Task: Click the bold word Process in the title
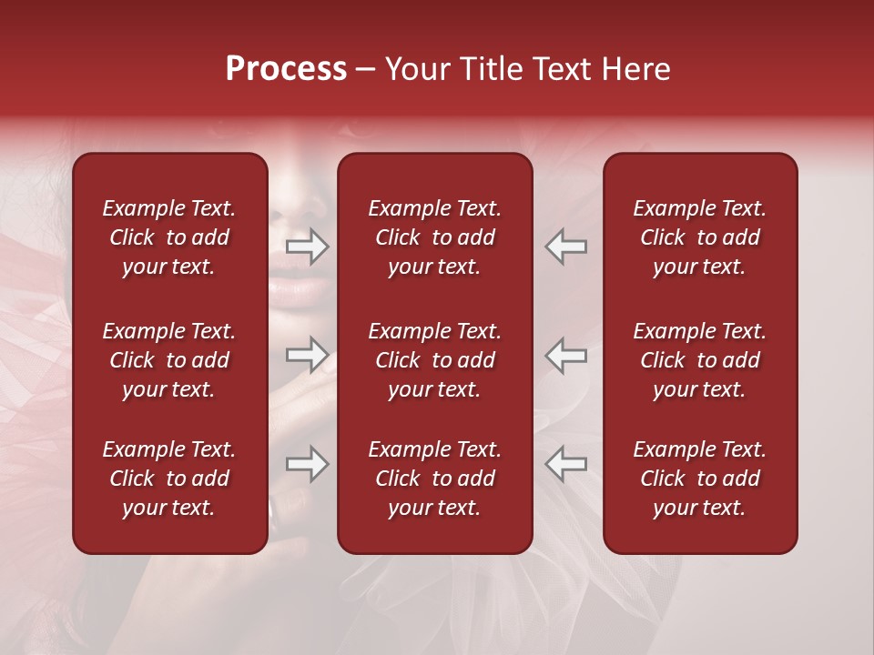(x=286, y=69)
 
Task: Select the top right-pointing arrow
(x=308, y=247)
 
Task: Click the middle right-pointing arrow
(x=308, y=355)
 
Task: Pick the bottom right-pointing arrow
(x=308, y=464)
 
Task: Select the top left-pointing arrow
(x=566, y=247)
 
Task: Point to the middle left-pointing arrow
(x=566, y=355)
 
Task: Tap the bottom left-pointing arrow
(x=566, y=464)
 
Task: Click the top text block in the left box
(x=169, y=237)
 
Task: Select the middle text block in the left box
(x=169, y=360)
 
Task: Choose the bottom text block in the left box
(x=169, y=479)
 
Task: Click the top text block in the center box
(x=435, y=237)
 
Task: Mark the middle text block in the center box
(x=435, y=360)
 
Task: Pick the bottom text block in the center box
(x=435, y=479)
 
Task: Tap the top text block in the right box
(x=700, y=237)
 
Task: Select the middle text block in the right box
(x=700, y=360)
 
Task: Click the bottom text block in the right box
(x=700, y=479)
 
